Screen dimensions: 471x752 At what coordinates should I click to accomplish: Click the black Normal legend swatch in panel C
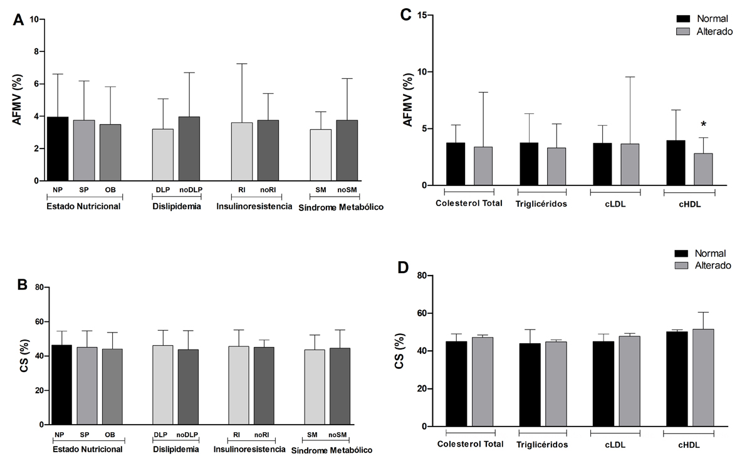pos(684,19)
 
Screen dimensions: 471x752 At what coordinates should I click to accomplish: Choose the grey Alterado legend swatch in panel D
pos(684,266)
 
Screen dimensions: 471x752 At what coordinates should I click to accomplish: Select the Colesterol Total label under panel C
pos(469,203)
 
